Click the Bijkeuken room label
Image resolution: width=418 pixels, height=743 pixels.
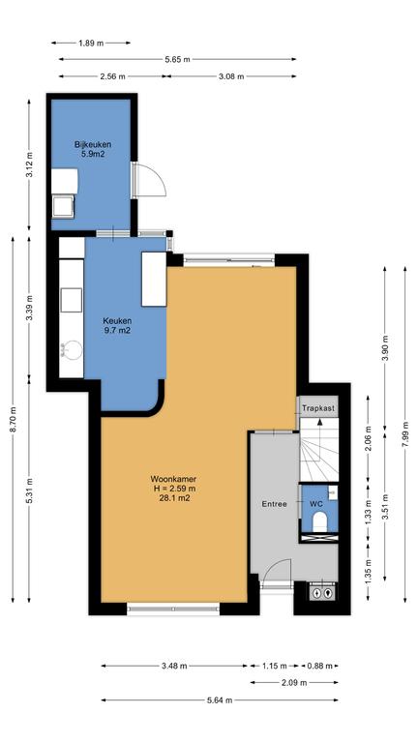(93, 144)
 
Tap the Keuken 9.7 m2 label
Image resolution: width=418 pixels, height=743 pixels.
(117, 326)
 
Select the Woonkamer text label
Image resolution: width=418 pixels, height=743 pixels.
(173, 479)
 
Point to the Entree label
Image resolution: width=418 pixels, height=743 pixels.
(275, 504)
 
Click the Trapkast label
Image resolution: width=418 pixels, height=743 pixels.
(318, 407)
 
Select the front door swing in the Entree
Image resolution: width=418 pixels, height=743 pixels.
(277, 570)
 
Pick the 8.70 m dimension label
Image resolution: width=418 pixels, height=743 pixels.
(13, 419)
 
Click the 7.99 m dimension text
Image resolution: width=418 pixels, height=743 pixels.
(405, 433)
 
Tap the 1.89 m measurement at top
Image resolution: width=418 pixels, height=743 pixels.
(91, 44)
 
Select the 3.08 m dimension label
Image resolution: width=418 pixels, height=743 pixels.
(231, 76)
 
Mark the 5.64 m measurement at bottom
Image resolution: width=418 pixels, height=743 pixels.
(219, 700)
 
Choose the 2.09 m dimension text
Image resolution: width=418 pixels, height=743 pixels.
(293, 683)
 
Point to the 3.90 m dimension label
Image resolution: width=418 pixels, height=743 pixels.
(385, 348)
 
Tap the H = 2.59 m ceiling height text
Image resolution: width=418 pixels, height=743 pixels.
(173, 489)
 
